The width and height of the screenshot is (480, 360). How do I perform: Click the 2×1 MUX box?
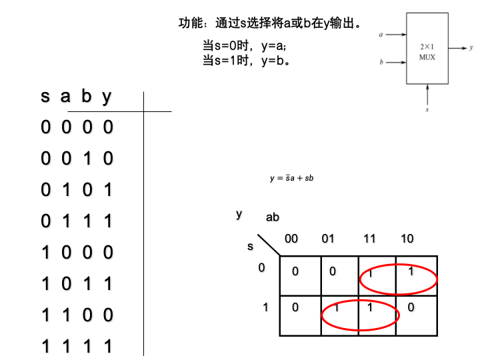click(x=427, y=51)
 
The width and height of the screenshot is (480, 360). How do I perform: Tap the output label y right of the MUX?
click(x=471, y=48)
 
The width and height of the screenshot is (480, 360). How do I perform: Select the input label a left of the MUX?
click(x=381, y=34)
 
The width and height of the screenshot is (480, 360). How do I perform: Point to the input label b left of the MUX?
click(x=381, y=63)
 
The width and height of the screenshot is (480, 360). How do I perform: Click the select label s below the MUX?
click(x=427, y=109)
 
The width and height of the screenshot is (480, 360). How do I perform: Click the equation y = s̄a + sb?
click(x=291, y=178)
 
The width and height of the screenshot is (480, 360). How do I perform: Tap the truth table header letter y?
click(x=107, y=97)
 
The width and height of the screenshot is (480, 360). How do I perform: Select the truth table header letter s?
click(x=45, y=97)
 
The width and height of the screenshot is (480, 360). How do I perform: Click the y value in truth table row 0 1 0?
click(x=108, y=190)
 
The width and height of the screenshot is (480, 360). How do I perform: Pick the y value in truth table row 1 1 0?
click(x=108, y=315)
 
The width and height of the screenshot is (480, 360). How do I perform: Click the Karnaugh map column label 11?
click(x=369, y=239)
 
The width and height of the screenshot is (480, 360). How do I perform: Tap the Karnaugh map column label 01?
click(x=328, y=239)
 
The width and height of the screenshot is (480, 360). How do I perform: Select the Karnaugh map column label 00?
click(x=291, y=239)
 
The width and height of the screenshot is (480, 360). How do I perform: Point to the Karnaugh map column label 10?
click(x=407, y=239)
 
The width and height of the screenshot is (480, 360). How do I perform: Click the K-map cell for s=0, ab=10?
click(x=411, y=272)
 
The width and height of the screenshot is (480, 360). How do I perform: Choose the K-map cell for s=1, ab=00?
click(x=295, y=307)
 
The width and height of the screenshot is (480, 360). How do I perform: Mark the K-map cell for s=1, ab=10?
click(x=411, y=307)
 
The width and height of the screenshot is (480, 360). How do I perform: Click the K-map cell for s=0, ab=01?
click(x=333, y=272)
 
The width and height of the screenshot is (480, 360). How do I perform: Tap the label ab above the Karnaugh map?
click(x=273, y=217)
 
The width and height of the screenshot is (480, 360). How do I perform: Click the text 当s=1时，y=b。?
click(x=247, y=61)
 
